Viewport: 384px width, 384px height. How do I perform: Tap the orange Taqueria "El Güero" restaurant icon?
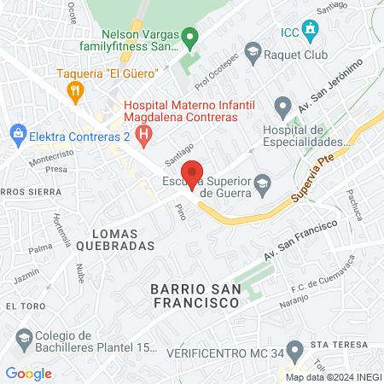[x=76, y=89]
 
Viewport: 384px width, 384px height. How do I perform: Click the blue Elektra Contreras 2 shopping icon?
[x=15, y=133]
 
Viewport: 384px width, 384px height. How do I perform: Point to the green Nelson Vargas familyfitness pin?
[x=191, y=37]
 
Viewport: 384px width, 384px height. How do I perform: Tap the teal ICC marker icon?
[x=311, y=33]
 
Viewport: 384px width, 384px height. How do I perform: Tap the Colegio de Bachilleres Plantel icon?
[x=24, y=340]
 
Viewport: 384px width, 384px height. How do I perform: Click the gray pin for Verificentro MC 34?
[x=295, y=350]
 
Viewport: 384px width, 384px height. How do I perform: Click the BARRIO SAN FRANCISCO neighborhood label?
[x=193, y=295]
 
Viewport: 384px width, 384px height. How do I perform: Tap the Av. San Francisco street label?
[x=295, y=244]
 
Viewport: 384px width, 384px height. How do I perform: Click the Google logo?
[x=29, y=373]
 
